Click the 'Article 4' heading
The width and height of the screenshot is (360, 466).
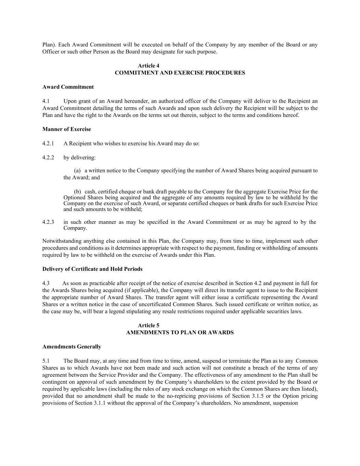click(148, 66)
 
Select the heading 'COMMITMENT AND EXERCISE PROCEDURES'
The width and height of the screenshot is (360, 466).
click(180, 73)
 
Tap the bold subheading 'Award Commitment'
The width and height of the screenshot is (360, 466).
click(68, 87)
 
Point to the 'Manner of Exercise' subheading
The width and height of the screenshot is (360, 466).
click(67, 129)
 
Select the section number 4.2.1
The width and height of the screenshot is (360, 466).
click(48, 143)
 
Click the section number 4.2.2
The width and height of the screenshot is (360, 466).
click(48, 158)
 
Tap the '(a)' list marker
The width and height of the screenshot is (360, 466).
click(77, 171)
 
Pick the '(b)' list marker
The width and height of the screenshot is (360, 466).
click(77, 192)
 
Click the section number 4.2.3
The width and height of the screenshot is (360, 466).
click(48, 222)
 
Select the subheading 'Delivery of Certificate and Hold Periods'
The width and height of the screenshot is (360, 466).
click(92, 269)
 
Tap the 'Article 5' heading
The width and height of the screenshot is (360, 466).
click(148, 325)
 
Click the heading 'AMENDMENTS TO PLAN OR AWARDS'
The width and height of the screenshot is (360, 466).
click(180, 333)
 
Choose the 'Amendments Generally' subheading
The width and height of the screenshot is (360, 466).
click(72, 347)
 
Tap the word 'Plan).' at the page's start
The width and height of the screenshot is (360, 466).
click(49, 45)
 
